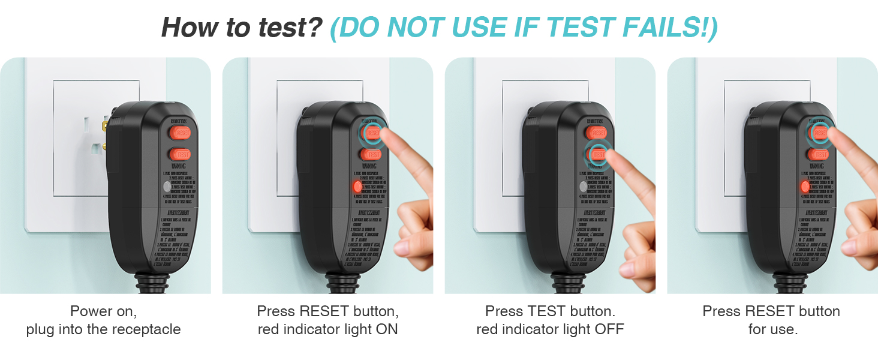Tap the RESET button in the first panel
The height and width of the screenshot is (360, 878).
(180, 132)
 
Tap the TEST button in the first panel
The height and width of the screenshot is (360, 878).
(180, 154)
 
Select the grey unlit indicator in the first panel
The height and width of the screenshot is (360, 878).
(167, 187)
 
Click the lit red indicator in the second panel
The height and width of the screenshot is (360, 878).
(358, 187)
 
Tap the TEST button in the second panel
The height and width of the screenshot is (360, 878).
(372, 154)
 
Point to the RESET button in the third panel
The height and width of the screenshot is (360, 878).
(596, 132)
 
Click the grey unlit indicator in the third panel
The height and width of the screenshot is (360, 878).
(580, 187)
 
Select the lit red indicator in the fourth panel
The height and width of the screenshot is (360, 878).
(805, 187)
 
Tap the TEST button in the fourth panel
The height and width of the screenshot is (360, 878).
(819, 154)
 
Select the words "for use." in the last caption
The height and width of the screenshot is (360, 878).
(772, 329)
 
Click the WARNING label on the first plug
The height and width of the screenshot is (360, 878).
(179, 166)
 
